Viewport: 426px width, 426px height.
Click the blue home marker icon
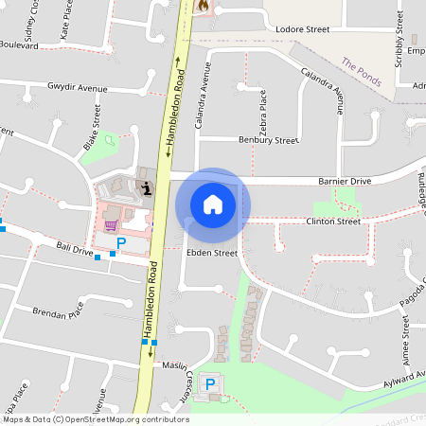coord(213,204)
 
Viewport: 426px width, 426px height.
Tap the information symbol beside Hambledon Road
coord(146,188)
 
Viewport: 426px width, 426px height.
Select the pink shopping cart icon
coord(112,225)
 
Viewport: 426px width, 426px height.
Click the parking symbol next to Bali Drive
coord(120,244)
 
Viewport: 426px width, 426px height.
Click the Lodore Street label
coord(301,29)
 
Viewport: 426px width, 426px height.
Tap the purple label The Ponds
coord(362,73)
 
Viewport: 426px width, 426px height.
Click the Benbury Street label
coord(268,140)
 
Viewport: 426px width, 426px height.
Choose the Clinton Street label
coord(333,222)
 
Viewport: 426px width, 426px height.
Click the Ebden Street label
coord(210,254)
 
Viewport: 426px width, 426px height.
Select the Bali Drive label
coord(75,250)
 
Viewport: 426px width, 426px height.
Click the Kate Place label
coord(65,20)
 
